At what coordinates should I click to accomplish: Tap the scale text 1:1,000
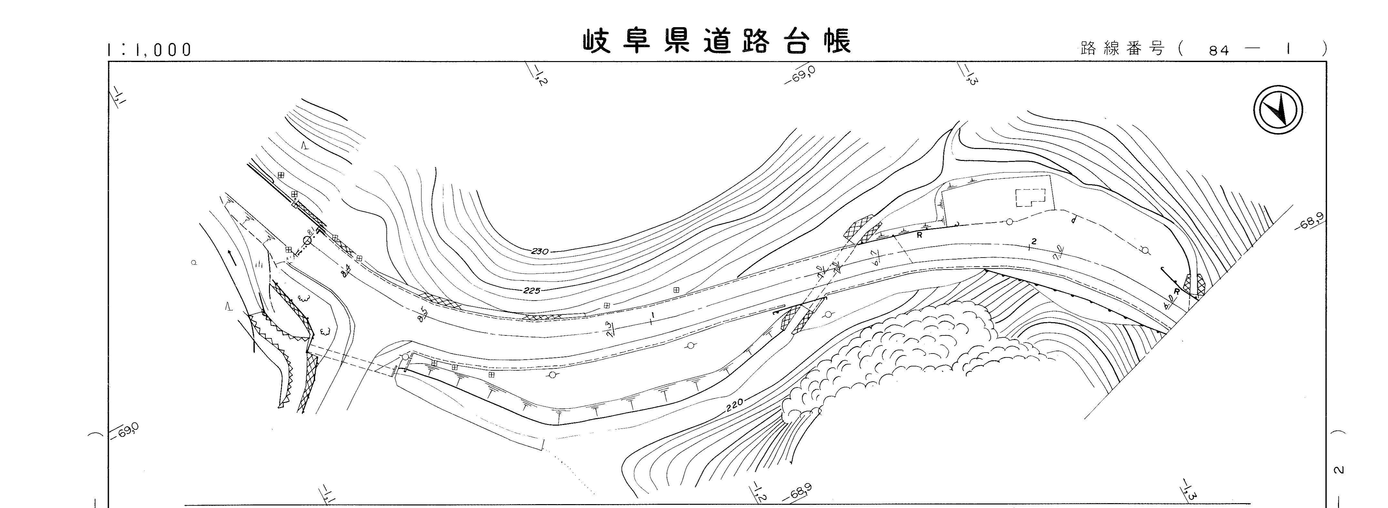[149, 50]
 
